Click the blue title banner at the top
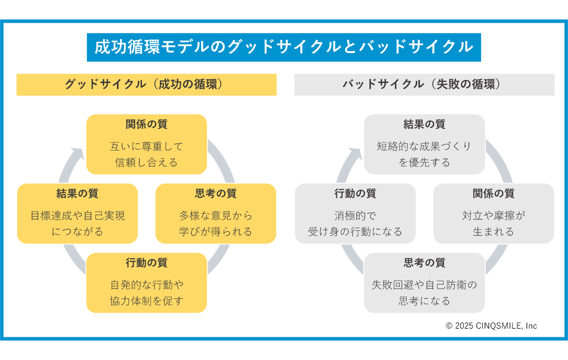point(284,47)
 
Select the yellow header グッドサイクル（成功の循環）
point(146,84)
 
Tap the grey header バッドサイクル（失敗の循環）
point(424,84)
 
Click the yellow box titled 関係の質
point(146,144)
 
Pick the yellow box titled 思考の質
point(216,213)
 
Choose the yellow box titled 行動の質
point(146,283)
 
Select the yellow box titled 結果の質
point(78,213)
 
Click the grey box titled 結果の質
point(424,144)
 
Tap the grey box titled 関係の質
point(493,213)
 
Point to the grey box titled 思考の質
point(424,283)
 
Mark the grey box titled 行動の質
point(355,213)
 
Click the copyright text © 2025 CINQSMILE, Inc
point(491,326)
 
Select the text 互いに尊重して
point(146,146)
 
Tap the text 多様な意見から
point(216,216)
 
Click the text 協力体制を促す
point(146,301)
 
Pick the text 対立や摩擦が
point(493,216)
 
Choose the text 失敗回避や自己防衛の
point(424,285)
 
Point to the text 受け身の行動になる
point(355,232)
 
